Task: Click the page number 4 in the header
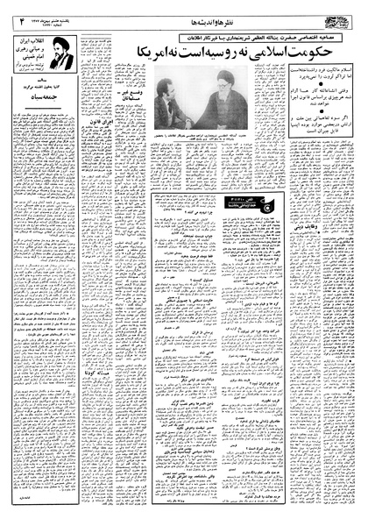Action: point(15,11)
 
